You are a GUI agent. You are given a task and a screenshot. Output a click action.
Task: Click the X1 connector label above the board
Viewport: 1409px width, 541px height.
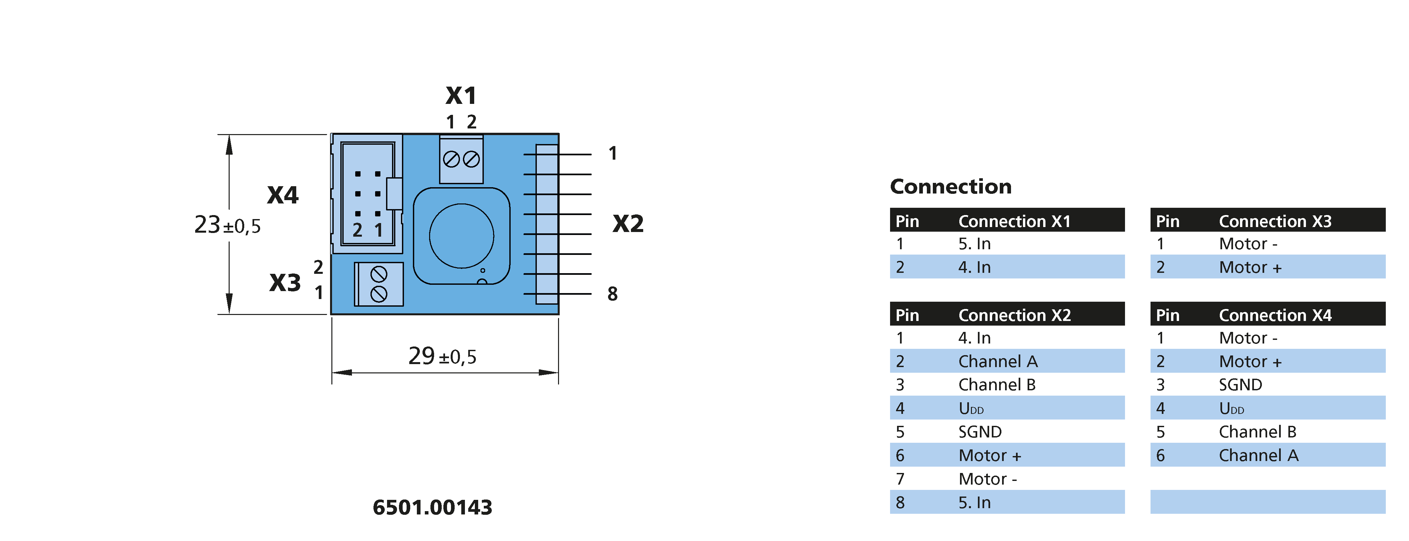(461, 96)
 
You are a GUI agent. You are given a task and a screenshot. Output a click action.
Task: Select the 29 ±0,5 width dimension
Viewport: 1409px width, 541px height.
(442, 356)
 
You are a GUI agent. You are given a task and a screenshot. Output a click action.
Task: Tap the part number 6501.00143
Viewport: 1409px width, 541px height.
(432, 507)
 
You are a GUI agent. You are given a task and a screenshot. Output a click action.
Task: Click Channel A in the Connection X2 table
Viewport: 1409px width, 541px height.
(998, 361)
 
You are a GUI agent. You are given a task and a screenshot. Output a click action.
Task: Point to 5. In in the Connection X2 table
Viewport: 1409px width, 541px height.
(974, 503)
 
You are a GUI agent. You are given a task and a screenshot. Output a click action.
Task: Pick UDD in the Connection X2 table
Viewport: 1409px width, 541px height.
(971, 409)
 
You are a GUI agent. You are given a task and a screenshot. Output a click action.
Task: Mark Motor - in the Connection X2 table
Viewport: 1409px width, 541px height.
(987, 479)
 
